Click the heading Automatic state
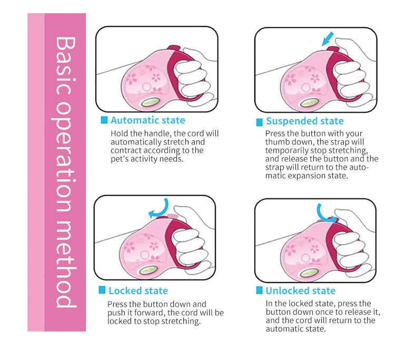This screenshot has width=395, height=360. pyautogui.click(x=148, y=120)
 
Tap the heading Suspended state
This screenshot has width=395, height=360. pyautogui.click(x=305, y=121)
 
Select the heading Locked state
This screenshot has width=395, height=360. pyautogui.click(x=138, y=290)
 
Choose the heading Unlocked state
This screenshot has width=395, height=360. pyautogui.click(x=301, y=290)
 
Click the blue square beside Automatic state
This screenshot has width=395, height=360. pyautogui.click(x=104, y=120)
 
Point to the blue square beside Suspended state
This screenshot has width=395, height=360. pyautogui.click(x=259, y=122)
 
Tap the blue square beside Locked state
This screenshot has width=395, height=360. pyautogui.click(x=102, y=290)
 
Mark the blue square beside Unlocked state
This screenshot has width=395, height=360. pyautogui.click(x=259, y=290)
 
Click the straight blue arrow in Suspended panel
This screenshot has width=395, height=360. pyautogui.click(x=328, y=39)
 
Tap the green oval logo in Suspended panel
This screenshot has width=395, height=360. pyautogui.click(x=310, y=103)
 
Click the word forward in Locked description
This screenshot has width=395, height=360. pyautogui.click(x=150, y=313)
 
